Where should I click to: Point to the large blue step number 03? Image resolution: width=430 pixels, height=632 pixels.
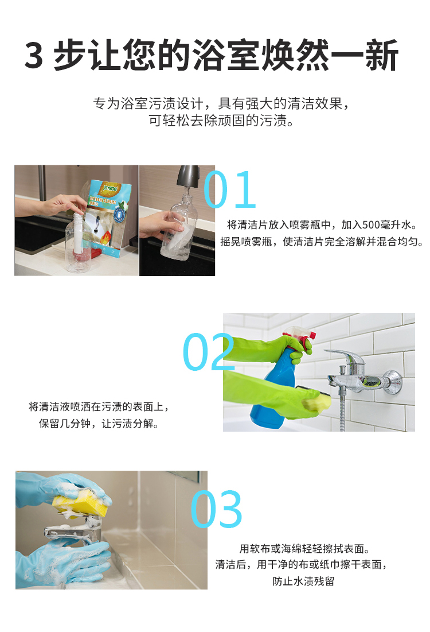click(x=217, y=509)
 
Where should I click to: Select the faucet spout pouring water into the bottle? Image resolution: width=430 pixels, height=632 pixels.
click(x=187, y=176)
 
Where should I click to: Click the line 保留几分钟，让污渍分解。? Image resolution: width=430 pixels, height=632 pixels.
click(x=99, y=424)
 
